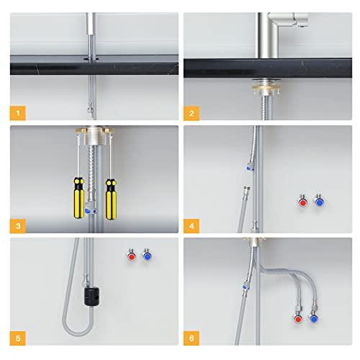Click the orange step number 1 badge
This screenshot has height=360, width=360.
pos(19,112)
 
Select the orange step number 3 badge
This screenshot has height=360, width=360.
pos(19,225)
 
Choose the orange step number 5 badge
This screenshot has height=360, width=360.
pos(19,338)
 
